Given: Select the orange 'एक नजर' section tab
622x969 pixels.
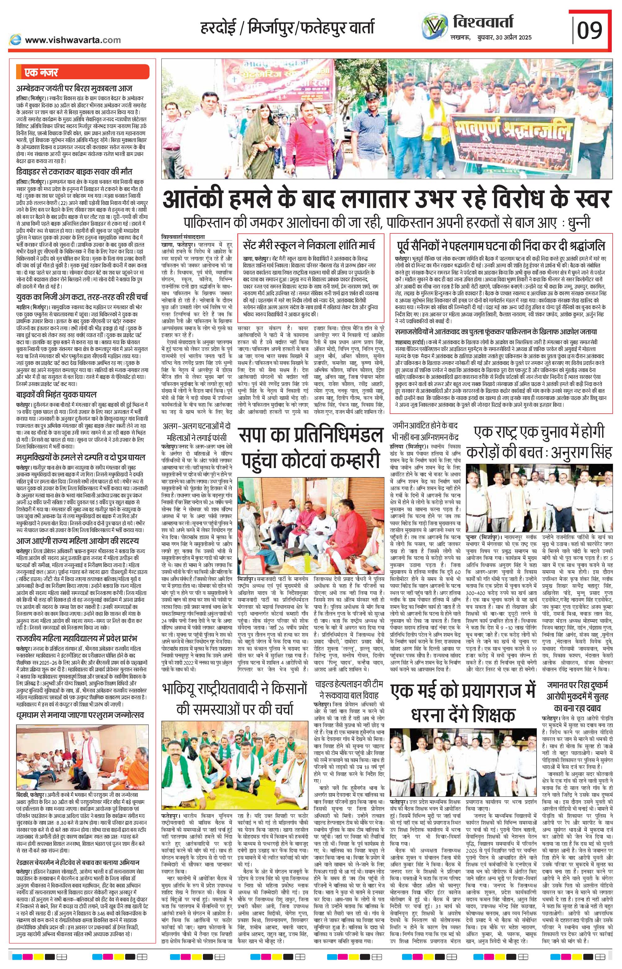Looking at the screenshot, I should pos(40,73).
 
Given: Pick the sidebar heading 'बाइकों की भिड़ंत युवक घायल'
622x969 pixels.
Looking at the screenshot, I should pos(57,395).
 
